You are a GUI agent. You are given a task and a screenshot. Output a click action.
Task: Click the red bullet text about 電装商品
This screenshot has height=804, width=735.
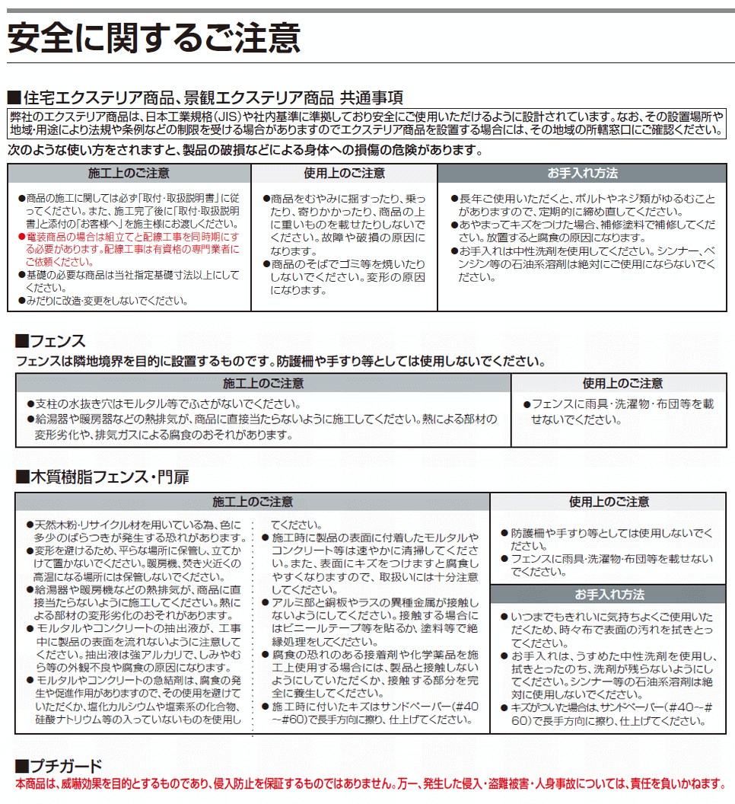pyautogui.click(x=129, y=248)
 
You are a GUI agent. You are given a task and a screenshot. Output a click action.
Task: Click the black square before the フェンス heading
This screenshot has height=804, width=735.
pyautogui.click(x=21, y=341)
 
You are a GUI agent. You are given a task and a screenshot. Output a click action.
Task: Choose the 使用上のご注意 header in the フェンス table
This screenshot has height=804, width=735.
pyautogui.click(x=622, y=383)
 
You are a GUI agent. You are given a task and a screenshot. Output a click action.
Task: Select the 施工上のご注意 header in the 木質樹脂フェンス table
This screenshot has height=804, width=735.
pyautogui.click(x=252, y=502)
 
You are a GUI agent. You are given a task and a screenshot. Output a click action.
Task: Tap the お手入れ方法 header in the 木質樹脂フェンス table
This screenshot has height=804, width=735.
pyautogui.click(x=609, y=595)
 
